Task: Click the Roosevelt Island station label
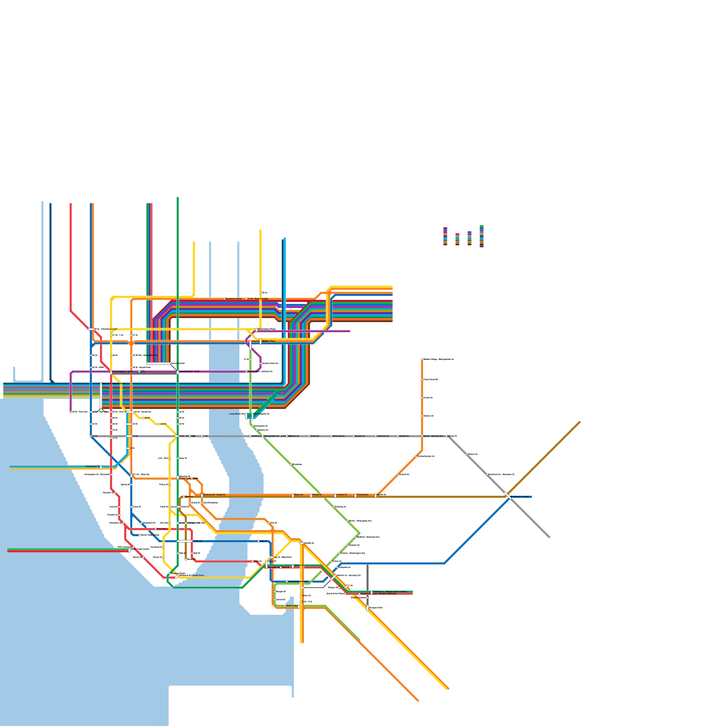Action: pos(234,299)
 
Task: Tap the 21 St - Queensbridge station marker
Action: pos(246,299)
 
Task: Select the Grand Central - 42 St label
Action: pos(189,372)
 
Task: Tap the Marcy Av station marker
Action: pos(293,496)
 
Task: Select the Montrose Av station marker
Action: pos(331,436)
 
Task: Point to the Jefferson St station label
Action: pos(383,436)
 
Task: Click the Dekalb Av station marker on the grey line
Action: pos(398,436)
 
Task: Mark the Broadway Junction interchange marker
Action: pos(508,495)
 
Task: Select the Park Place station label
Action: pos(162,529)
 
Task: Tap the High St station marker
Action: pos(259,541)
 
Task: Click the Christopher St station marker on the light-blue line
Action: pos(101,467)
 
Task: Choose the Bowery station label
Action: pos(189,497)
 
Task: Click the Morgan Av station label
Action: pos(360,436)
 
